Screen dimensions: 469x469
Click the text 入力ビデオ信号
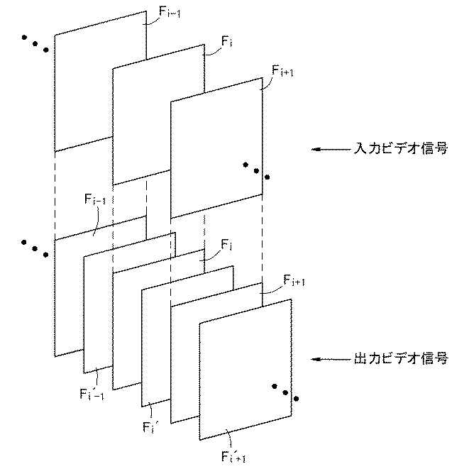(x=400, y=150)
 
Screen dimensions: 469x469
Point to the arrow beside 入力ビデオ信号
(x=330, y=150)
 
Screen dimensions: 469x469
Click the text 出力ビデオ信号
(x=400, y=360)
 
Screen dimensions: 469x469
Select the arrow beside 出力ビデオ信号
(x=330, y=360)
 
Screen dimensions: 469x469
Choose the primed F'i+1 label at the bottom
(x=231, y=453)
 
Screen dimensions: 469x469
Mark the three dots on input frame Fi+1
(x=255, y=171)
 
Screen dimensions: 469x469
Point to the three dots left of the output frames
(x=35, y=248)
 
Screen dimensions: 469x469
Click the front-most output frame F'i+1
(x=245, y=369)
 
